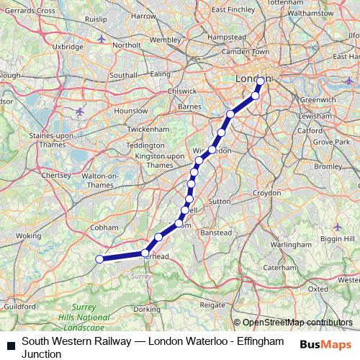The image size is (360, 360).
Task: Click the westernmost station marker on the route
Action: pos(99,259)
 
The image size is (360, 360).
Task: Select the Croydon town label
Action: pos(266,193)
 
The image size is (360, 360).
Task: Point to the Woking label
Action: pos(28,235)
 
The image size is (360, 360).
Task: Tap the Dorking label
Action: pos(147,309)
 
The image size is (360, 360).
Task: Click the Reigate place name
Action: pos(212,305)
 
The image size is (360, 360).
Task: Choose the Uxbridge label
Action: pos(68,46)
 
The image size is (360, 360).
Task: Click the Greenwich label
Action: pos(318,99)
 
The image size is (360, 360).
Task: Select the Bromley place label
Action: pos(328,166)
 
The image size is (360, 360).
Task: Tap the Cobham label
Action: pos(104,227)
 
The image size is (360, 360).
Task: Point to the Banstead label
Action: pos(215,233)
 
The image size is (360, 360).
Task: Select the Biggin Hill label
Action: pos(338,238)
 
